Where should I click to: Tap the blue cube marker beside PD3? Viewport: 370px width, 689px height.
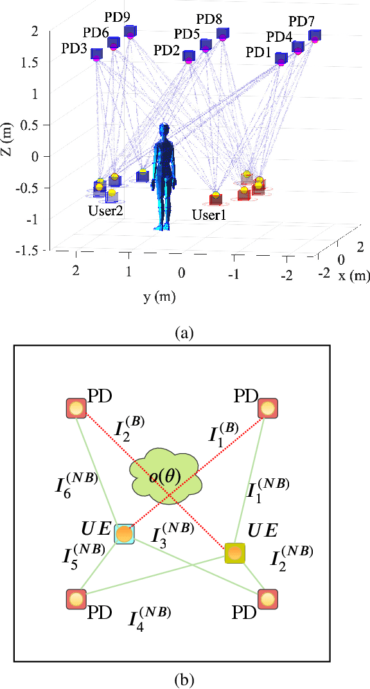click(x=96, y=54)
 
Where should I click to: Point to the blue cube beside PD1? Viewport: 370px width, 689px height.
click(x=281, y=58)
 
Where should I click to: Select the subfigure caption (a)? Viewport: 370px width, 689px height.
click(x=184, y=333)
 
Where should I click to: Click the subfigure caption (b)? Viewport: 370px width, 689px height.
click(x=184, y=677)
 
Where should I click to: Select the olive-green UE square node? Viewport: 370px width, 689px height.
click(x=235, y=552)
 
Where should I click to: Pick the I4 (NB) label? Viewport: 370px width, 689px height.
click(x=150, y=619)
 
